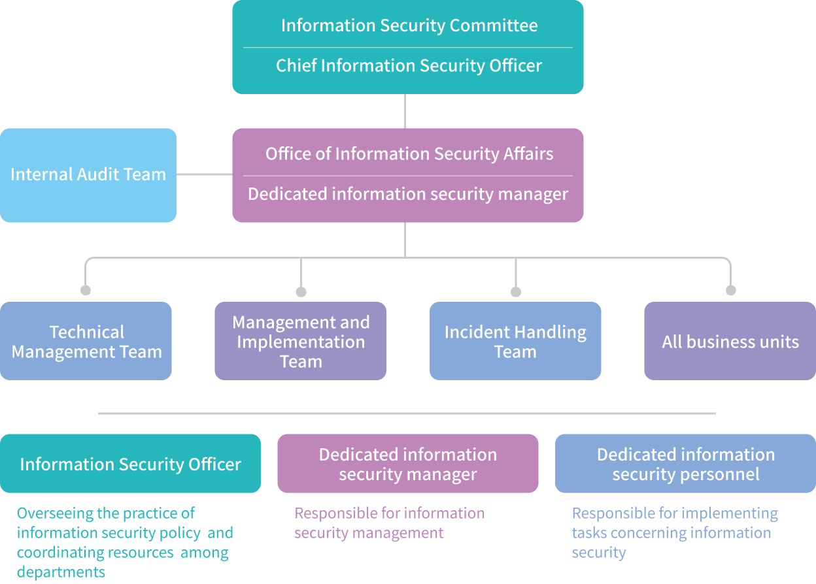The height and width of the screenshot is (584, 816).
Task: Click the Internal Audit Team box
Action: coord(88,175)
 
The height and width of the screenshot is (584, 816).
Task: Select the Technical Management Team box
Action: coord(86,341)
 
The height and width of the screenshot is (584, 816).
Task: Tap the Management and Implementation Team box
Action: coord(301,341)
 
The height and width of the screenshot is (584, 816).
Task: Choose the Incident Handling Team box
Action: coord(515,341)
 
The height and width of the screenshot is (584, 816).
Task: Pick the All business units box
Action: coord(730,341)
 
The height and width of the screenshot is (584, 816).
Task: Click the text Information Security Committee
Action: coord(409,25)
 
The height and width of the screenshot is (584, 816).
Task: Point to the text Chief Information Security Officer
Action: coord(409,66)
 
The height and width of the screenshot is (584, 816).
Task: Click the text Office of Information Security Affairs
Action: coord(409,154)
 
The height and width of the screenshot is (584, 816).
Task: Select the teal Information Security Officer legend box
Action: coord(130,464)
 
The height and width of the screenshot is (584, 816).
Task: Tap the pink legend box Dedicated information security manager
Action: coord(408,464)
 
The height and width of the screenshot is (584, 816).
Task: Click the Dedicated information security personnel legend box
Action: coord(685,464)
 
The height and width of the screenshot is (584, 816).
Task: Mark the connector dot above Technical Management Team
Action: coord(86,290)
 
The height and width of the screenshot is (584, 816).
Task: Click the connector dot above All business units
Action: coord(731,290)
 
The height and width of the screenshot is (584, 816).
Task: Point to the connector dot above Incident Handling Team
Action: coord(516,292)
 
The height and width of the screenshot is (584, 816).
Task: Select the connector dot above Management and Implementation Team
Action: coord(301,292)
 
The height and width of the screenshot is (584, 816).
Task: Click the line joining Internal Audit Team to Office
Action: coord(204,174)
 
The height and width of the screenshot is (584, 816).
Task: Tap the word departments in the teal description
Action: coord(61,572)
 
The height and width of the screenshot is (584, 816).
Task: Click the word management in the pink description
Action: coord(405,533)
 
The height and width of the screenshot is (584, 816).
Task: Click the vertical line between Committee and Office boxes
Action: coord(405,111)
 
